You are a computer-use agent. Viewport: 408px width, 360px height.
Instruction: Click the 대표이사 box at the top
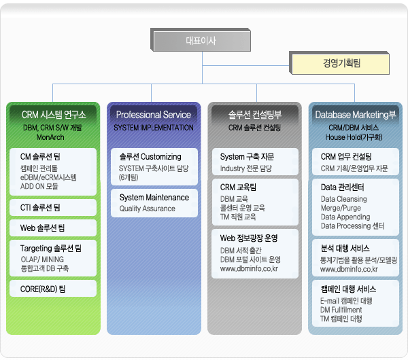[201, 40]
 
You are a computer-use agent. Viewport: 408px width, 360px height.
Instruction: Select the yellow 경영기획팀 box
[339, 63]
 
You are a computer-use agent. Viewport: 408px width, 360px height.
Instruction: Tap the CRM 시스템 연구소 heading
[54, 115]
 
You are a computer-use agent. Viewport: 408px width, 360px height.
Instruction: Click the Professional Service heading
[154, 115]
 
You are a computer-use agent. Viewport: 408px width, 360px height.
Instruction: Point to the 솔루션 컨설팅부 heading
[255, 115]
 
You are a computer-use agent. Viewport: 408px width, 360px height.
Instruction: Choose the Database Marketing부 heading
[356, 115]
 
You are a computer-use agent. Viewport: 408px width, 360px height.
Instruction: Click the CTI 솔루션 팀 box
[53, 207]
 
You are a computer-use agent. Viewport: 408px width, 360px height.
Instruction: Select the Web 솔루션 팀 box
[53, 228]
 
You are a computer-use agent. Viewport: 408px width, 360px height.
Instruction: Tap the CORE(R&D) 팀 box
[53, 289]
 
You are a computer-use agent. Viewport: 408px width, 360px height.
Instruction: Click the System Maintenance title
[154, 198]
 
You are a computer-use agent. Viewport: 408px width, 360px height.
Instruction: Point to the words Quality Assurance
[148, 209]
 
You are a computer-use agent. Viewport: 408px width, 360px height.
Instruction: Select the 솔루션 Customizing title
[150, 157]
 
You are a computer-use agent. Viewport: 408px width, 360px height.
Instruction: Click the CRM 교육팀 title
[238, 187]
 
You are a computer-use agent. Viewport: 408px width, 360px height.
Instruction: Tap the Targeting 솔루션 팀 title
[51, 249]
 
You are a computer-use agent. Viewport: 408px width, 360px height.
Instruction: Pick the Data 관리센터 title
[343, 187]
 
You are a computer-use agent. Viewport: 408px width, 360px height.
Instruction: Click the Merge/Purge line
[341, 208]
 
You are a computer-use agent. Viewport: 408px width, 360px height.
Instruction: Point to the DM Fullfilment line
[341, 310]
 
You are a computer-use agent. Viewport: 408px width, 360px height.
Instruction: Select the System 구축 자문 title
[247, 157]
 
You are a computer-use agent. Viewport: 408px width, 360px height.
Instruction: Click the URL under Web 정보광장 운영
[249, 268]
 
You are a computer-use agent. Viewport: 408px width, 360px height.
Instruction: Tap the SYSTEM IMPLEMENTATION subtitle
[154, 128]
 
